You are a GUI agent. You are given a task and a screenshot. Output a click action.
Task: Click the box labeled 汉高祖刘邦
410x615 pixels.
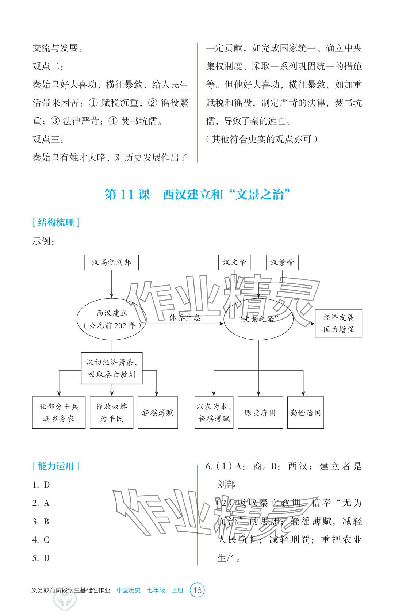111,262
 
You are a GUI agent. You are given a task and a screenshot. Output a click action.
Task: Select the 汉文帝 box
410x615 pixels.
235,262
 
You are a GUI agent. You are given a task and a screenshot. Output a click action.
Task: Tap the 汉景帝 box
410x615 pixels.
282,262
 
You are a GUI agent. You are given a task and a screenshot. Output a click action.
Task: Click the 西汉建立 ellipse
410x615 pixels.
111,319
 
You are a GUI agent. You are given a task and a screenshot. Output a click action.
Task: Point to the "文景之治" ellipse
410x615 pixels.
258,319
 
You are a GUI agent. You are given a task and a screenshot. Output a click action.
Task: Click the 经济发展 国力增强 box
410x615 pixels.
338,323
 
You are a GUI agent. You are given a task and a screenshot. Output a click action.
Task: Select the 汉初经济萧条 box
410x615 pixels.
111,368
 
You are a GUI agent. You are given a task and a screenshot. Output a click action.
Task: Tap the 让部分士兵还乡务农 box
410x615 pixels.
59,412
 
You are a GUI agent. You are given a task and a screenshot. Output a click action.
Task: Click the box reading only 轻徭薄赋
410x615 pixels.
158,412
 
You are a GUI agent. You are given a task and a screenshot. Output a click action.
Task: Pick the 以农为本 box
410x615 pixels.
214,412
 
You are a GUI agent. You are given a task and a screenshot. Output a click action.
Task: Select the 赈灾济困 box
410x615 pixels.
260,412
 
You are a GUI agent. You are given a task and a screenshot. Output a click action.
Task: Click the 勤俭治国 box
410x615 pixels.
306,412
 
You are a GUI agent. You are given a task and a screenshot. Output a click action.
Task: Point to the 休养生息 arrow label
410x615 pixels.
185,317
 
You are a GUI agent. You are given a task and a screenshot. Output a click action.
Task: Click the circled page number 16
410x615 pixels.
197,590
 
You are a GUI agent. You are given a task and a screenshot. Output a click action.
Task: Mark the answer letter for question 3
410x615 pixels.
46,522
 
